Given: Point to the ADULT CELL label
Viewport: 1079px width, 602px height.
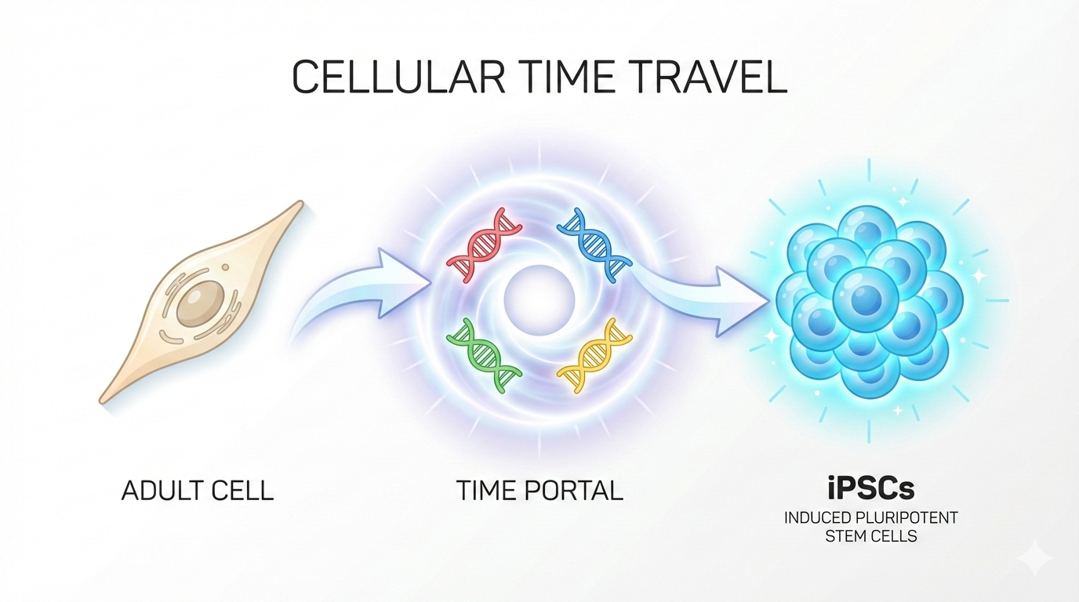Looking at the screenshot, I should pyautogui.click(x=198, y=491).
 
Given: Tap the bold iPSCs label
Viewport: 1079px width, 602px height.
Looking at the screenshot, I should pyautogui.click(x=871, y=489).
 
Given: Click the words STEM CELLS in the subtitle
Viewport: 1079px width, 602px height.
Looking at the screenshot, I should pyautogui.click(x=871, y=537).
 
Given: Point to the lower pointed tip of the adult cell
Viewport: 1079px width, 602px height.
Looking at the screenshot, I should pyautogui.click(x=103, y=400).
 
